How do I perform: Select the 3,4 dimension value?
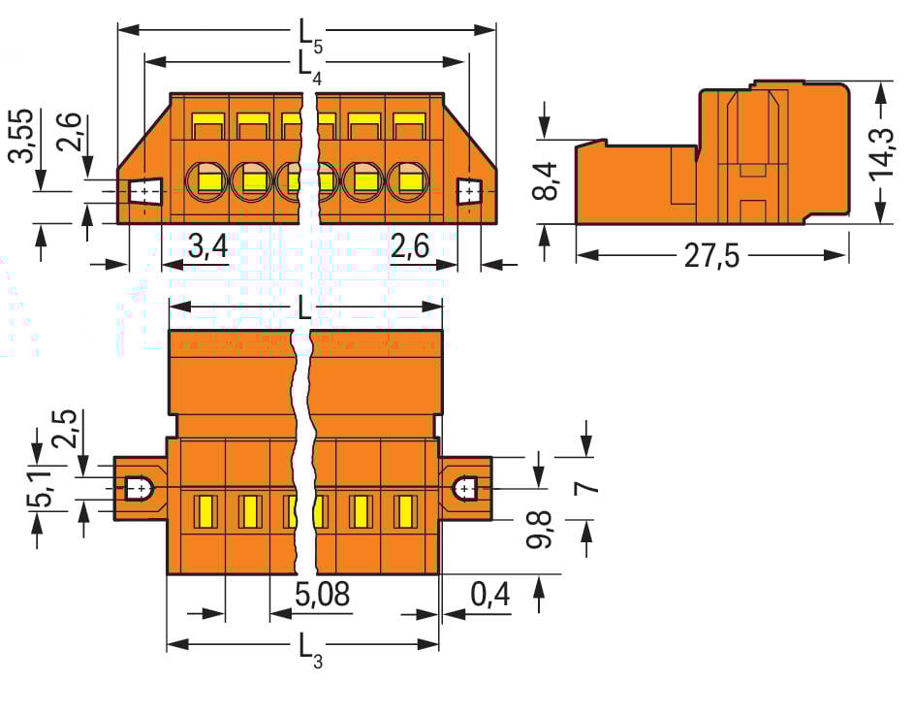point(207,247)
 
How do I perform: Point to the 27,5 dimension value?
point(711,256)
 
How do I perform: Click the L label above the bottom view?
point(304,308)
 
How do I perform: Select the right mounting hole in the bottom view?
point(466,487)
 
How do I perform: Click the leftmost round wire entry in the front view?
point(205,179)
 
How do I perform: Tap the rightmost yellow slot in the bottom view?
point(405,511)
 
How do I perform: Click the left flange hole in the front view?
point(145,192)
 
